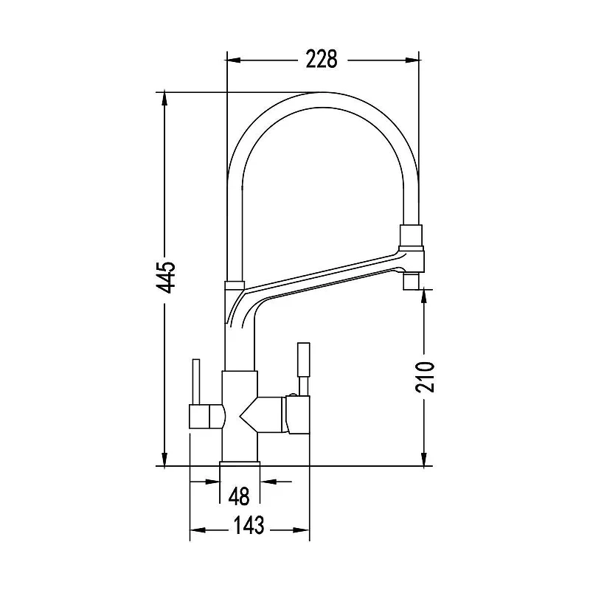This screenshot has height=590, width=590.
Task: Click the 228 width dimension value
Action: coord(322,60)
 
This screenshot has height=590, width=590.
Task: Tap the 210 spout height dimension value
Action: coord(425,377)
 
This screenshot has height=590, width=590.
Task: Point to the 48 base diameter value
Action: coord(239,496)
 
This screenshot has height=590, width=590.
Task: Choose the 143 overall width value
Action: coord(249,525)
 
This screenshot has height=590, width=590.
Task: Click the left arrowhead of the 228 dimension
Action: coord(234,60)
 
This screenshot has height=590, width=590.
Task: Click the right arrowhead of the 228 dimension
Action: coord(412,60)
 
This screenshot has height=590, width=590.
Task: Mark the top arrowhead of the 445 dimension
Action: coord(164,100)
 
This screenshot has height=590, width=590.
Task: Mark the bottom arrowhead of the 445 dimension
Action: coord(164,459)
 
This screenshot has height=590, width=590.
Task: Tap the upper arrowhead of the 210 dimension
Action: coord(424,296)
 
